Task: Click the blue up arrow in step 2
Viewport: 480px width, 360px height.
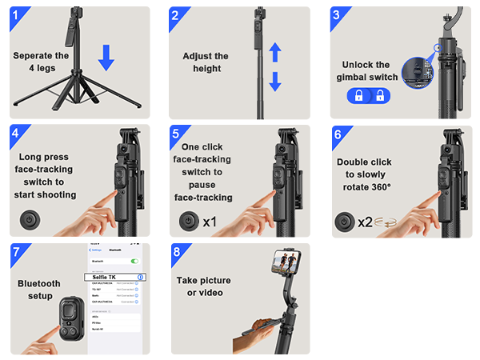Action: pos(274,53)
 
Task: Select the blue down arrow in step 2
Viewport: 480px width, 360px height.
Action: pos(274,81)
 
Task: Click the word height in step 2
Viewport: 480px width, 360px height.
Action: pos(205,69)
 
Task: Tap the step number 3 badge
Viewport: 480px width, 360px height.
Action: pos(338,16)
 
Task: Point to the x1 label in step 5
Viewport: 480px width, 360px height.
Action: pos(210,221)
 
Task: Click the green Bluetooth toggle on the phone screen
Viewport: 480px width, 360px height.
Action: pos(134,261)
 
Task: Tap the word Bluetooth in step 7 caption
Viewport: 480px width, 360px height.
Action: pos(39,283)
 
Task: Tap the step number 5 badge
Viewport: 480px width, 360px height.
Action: pos(178,134)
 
